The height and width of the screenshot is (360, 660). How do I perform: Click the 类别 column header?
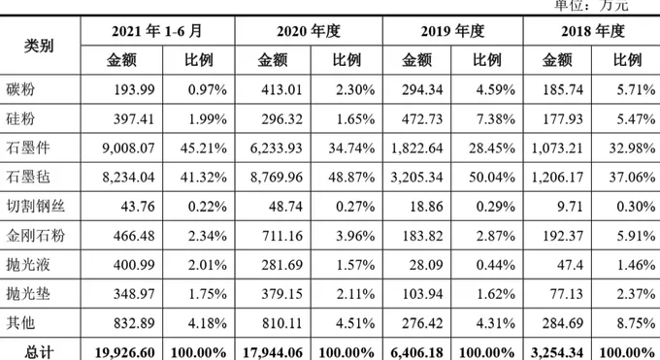(40, 45)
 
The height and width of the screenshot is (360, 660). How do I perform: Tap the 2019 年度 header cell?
(452, 31)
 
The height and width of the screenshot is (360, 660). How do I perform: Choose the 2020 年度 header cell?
(309, 31)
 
